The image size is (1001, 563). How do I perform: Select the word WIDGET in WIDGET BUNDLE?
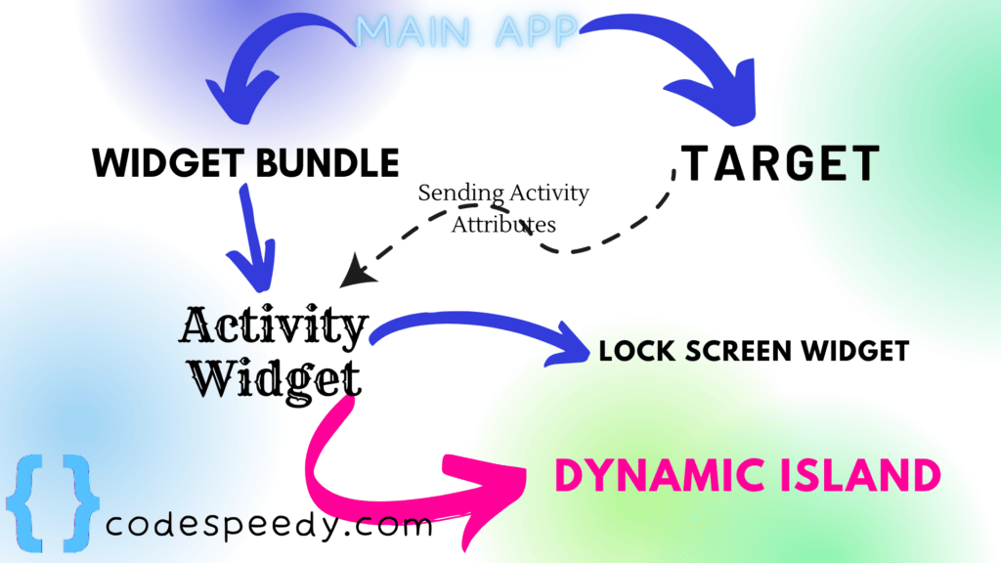coord(167,162)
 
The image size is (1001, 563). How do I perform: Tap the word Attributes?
coord(503,224)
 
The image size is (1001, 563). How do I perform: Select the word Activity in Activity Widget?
coord(274,326)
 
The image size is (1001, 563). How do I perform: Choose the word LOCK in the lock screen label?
coord(631,351)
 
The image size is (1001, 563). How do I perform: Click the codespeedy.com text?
coord(268,526)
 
